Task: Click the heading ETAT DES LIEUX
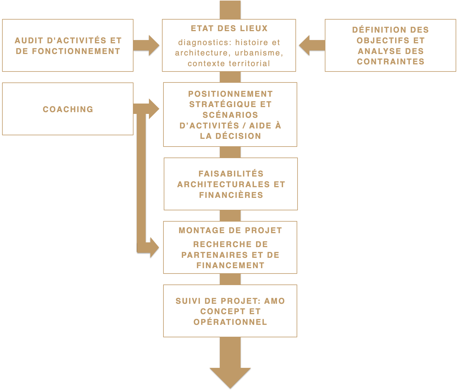(229, 28)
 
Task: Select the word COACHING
(68, 109)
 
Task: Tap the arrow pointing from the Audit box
(147, 45)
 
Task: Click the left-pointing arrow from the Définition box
(311, 45)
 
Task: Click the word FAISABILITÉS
(231, 174)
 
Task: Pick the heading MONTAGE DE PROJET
(230, 231)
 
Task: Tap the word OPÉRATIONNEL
(230, 322)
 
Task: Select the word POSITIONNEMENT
(230, 94)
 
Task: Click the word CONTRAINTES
(390, 62)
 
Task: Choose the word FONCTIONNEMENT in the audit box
(76, 51)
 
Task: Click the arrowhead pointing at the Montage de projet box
(154, 247)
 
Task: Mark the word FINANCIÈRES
(231, 195)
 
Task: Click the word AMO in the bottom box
(274, 301)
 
